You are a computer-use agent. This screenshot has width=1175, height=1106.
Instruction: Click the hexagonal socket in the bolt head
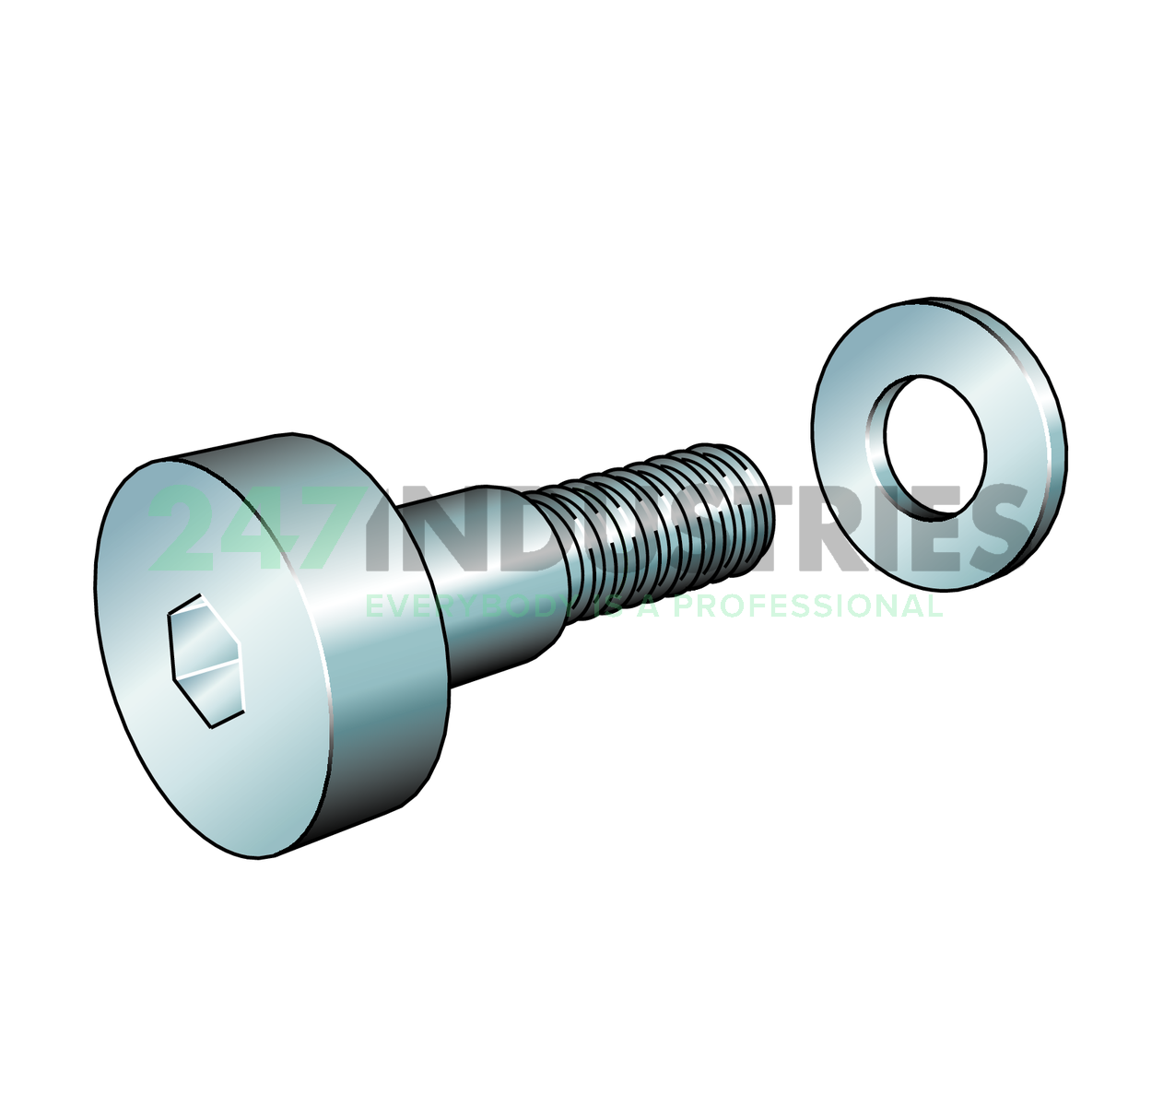pyautogui.click(x=206, y=661)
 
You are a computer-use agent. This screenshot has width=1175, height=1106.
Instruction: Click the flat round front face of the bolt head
pyautogui.click(x=213, y=657)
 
